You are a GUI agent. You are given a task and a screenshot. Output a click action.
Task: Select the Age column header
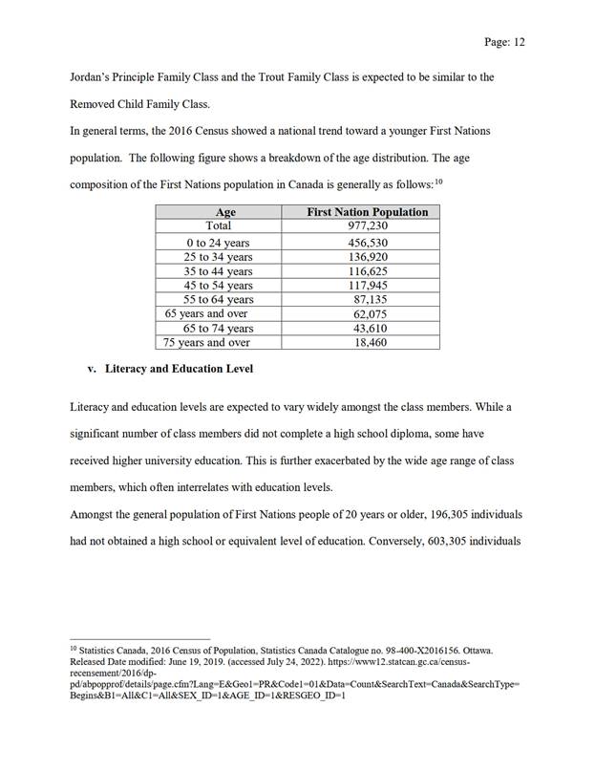point(225,212)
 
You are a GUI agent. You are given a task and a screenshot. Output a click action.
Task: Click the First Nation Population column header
point(367,212)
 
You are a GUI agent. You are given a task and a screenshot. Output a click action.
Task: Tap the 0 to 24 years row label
point(218,244)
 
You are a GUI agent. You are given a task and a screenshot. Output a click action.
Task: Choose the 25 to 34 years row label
point(218,257)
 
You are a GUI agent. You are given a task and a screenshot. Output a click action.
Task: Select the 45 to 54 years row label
point(218,286)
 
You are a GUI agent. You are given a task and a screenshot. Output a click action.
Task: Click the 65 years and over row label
point(206,313)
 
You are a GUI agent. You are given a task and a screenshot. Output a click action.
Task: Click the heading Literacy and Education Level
point(179,368)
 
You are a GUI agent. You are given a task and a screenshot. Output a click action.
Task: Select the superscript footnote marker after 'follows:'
point(438,181)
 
